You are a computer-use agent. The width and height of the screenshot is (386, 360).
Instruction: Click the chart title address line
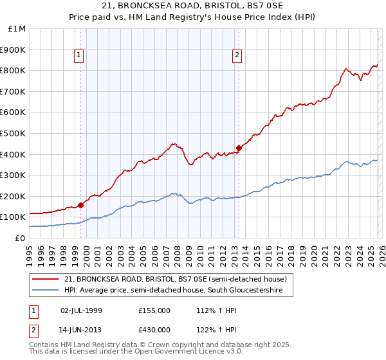(193, 6)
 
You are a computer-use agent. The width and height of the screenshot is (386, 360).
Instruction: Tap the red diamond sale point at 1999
(81, 206)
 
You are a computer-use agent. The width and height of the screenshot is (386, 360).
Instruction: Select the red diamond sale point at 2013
(239, 148)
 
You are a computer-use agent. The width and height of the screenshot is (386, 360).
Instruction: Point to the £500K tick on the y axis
(14, 133)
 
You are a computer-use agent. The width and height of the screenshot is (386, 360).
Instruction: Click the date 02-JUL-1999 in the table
(81, 310)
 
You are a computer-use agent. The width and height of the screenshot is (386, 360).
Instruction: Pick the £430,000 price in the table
(154, 329)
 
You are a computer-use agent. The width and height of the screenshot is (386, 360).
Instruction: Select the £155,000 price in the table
(154, 310)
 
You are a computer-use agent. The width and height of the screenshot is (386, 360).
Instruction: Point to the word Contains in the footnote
(44, 345)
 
